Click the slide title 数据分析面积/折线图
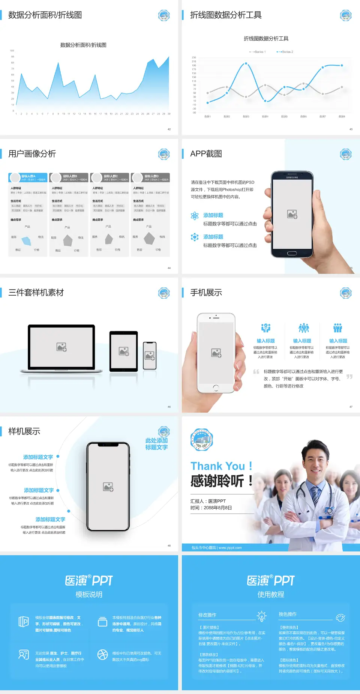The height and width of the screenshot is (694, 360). tap(45, 15)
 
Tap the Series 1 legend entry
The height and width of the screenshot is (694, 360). tap(258, 52)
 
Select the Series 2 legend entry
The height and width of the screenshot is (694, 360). tap(286, 52)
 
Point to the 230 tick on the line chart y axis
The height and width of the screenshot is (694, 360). tap(194, 57)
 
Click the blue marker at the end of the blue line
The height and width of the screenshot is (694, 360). tap(342, 65)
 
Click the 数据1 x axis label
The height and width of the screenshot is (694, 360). tap(207, 117)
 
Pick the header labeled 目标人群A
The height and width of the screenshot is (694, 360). tap(28, 176)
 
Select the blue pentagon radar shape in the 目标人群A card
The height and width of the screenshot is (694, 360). tap(26, 240)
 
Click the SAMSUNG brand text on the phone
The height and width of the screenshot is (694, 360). tap(292, 177)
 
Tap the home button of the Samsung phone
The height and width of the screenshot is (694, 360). tap(292, 253)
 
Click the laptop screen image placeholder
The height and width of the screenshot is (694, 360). tap(61, 347)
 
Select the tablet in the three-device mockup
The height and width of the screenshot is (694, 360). tap(124, 351)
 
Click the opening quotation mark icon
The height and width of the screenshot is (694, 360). tap(256, 372)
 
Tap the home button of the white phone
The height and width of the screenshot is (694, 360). tap(216, 388)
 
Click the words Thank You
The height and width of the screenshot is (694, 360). tap(217, 466)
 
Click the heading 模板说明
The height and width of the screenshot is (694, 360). tap(89, 594)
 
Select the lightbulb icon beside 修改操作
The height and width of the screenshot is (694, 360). tap(261, 616)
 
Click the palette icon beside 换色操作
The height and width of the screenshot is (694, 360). tap(340, 617)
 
